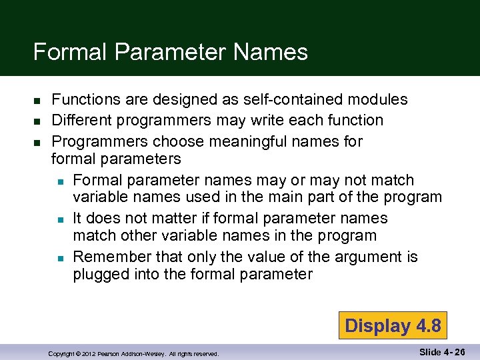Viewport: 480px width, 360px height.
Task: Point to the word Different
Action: pyautogui.click(x=81, y=120)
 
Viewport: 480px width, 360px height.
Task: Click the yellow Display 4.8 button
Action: pyautogui.click(x=392, y=326)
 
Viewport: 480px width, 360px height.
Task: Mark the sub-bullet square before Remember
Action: pyautogui.click(x=59, y=257)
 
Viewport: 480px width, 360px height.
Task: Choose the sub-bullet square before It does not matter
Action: pyautogui.click(x=59, y=219)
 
